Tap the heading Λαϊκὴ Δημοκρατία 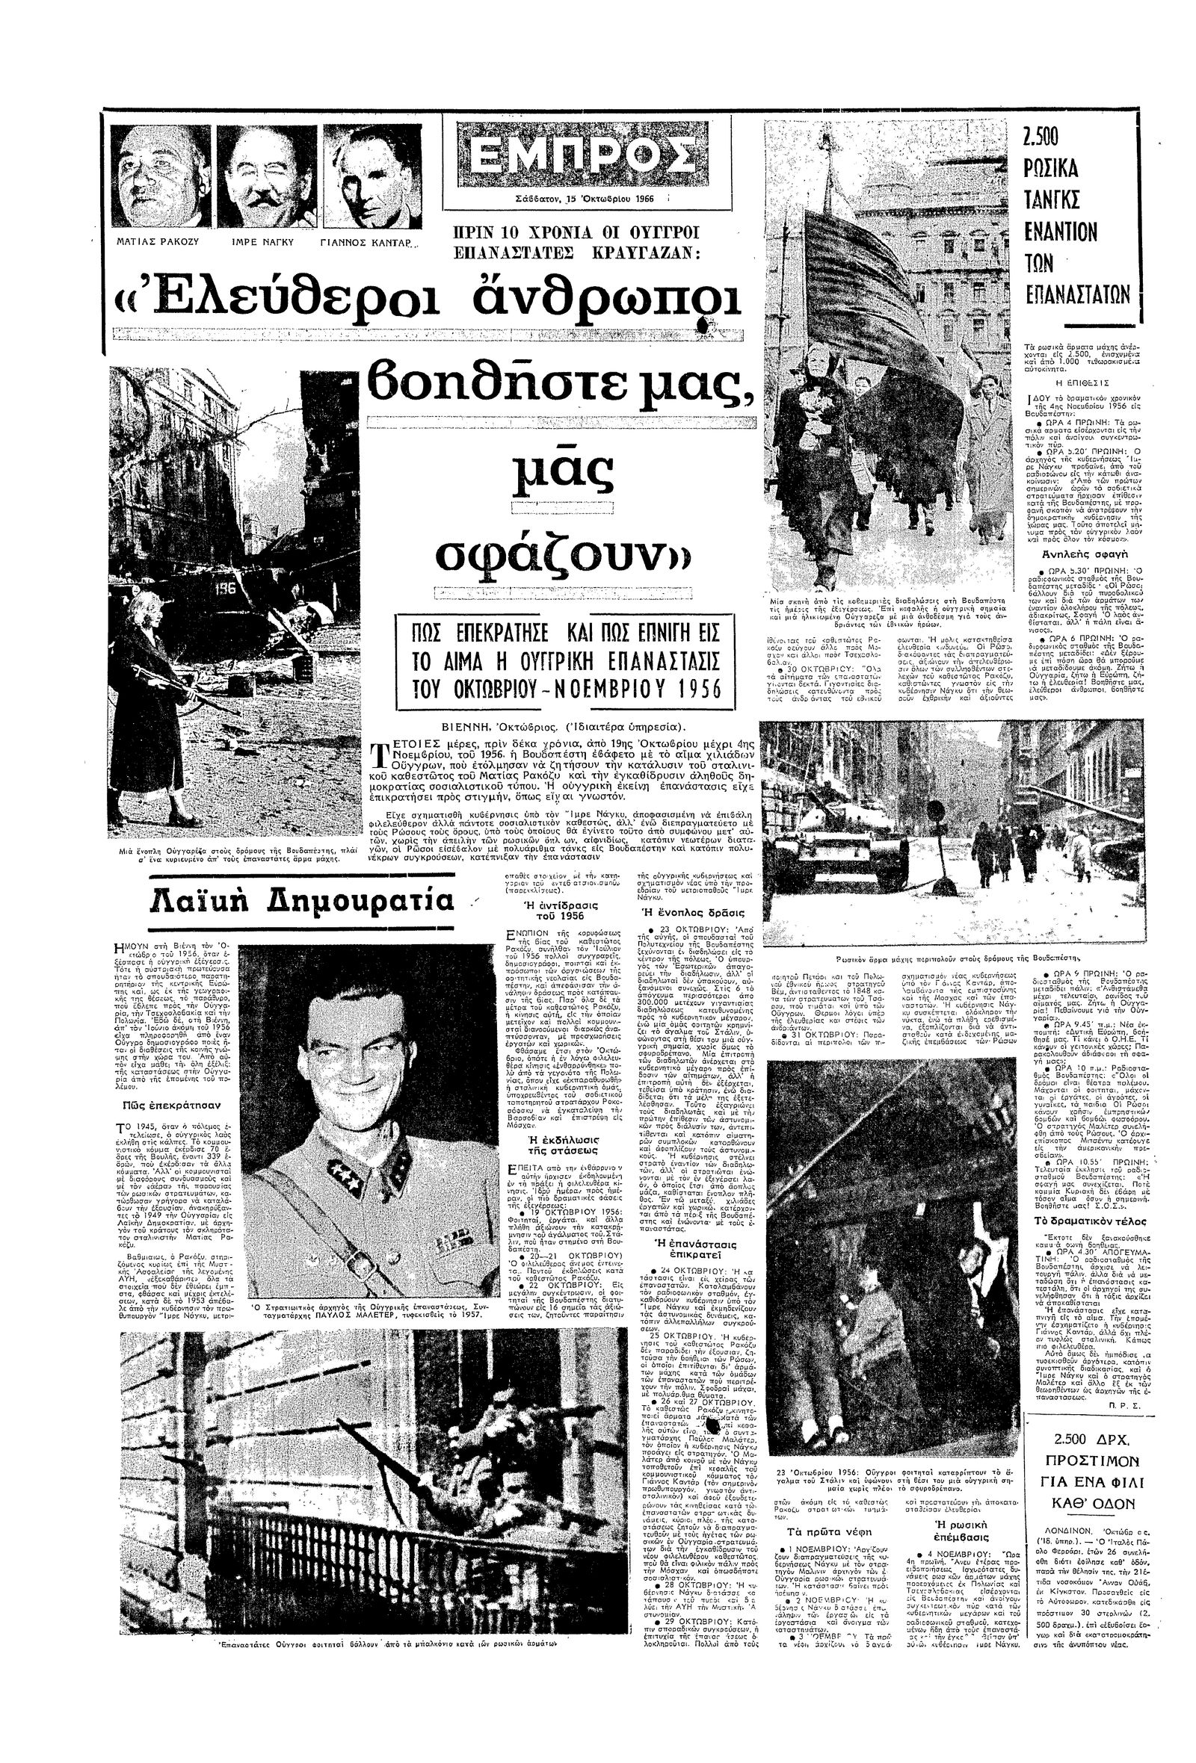301,899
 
